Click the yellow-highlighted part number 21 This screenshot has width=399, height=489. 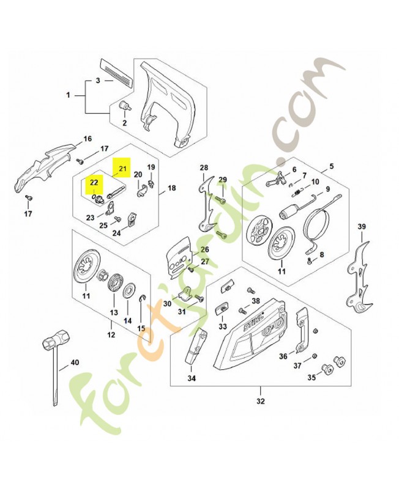click(122, 168)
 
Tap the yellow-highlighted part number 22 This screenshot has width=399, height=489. click(94, 182)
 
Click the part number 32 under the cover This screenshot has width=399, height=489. click(261, 402)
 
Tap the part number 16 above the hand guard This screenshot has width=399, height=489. click(87, 138)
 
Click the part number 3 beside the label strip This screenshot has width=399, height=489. click(97, 81)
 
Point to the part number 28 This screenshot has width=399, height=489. click(204, 167)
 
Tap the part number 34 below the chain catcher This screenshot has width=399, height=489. click(192, 378)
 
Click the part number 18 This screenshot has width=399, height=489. click(171, 188)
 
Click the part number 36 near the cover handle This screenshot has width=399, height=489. click(283, 356)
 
